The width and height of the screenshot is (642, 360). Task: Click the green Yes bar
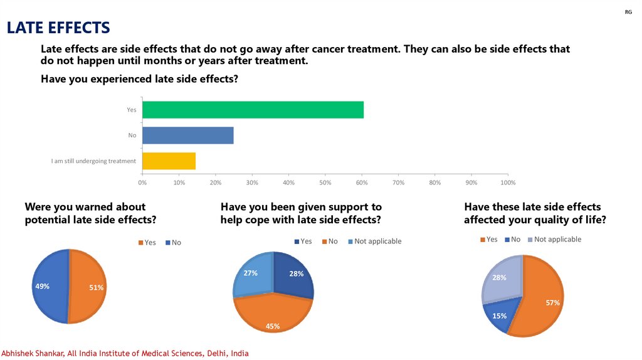click(253, 110)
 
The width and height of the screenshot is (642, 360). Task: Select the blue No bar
click(188, 135)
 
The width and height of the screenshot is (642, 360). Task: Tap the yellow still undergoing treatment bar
click(169, 161)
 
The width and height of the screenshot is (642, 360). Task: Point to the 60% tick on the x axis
click(362, 183)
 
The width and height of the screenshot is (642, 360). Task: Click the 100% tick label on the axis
click(508, 183)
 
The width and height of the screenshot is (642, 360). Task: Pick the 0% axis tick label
click(142, 183)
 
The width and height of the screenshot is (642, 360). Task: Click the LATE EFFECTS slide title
click(58, 28)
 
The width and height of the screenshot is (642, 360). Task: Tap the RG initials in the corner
click(628, 13)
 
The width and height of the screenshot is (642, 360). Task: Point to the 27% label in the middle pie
click(251, 273)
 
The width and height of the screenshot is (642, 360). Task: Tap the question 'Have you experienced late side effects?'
click(139, 79)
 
